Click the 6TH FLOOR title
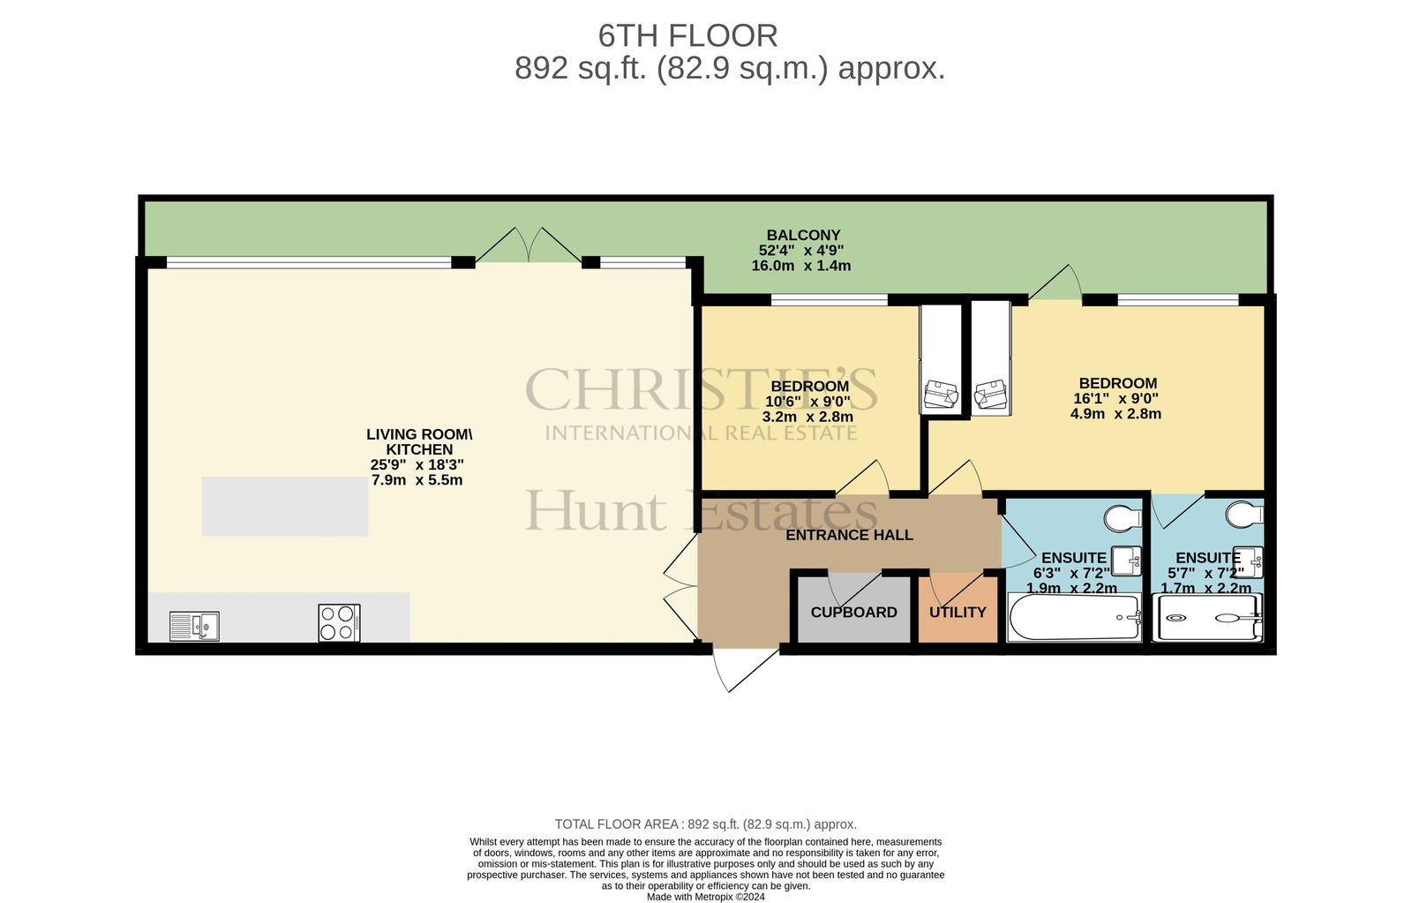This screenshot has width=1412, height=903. pyautogui.click(x=687, y=36)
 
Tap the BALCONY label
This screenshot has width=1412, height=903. pyautogui.click(x=803, y=235)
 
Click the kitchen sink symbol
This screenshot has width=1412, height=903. pyautogui.click(x=195, y=626)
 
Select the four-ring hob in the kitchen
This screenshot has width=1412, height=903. pyautogui.click(x=339, y=623)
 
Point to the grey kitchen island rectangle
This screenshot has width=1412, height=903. pyautogui.click(x=285, y=507)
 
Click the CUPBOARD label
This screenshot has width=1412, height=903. pyautogui.click(x=853, y=613)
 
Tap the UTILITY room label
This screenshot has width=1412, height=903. pyautogui.click(x=958, y=613)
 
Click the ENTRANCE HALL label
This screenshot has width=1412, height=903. pyautogui.click(x=849, y=536)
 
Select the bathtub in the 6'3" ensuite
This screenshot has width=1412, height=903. pyautogui.click(x=1075, y=618)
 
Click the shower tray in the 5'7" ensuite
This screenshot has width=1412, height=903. pyautogui.click(x=1207, y=618)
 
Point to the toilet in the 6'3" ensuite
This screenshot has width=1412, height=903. pyautogui.click(x=1123, y=518)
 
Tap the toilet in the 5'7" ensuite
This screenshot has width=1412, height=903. pyautogui.click(x=1245, y=514)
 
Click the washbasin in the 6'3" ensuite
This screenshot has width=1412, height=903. pyautogui.click(x=1126, y=561)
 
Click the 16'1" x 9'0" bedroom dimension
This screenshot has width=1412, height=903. pyautogui.click(x=1115, y=398)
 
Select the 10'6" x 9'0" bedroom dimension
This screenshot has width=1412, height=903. pyautogui.click(x=807, y=402)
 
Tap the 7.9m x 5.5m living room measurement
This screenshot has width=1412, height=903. pyautogui.click(x=417, y=480)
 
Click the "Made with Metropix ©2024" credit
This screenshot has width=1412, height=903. pyautogui.click(x=705, y=897)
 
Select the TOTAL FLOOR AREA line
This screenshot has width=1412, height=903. pyautogui.click(x=705, y=824)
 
